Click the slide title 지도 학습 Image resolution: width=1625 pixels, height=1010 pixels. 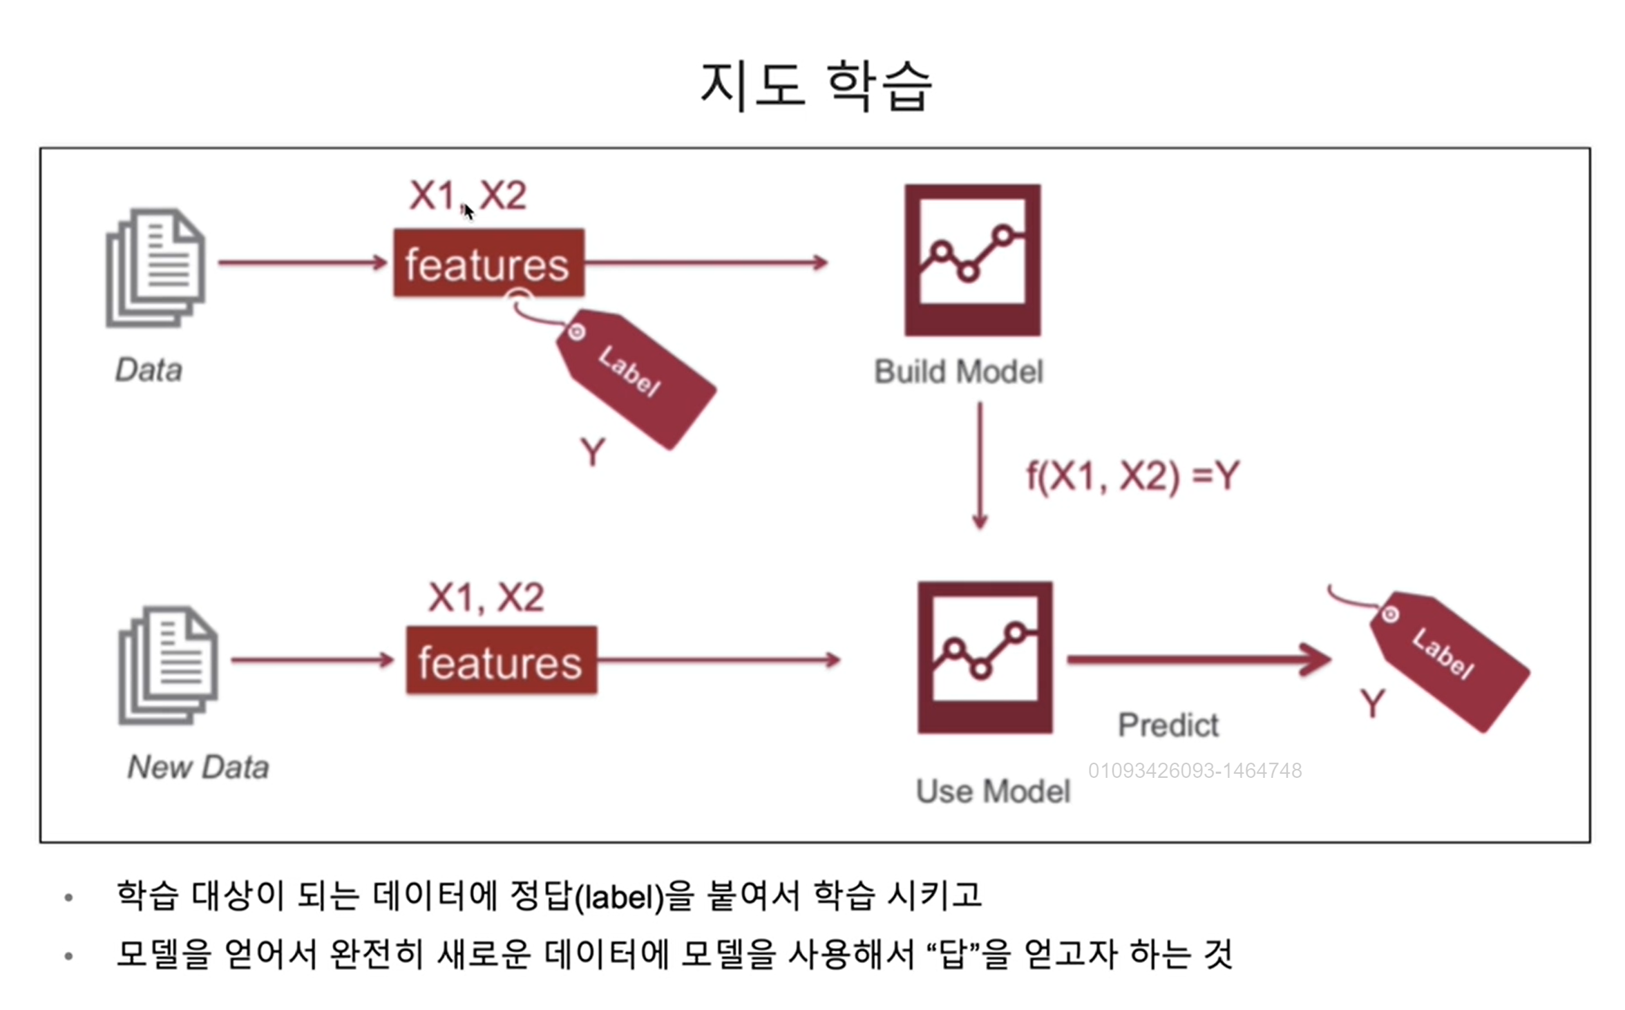pos(816,86)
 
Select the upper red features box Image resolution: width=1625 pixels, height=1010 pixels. pos(488,263)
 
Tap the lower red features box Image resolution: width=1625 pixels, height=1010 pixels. pos(501,660)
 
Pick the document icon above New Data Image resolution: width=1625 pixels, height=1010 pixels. pos(169,665)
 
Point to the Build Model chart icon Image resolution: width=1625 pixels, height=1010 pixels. pos(972,260)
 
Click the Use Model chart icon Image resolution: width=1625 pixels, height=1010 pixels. pos(985,657)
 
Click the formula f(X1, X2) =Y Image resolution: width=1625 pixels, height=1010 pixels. pos(1133,475)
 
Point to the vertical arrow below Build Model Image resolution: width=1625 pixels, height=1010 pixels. pos(980,466)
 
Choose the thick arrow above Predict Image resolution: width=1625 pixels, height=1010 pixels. pos(1199,660)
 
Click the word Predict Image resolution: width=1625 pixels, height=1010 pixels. pos(1168,725)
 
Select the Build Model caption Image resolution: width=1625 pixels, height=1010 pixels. pos(959,372)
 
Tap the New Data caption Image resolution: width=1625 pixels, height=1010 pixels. pos(198,768)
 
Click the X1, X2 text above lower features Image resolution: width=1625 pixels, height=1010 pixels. pos(486,598)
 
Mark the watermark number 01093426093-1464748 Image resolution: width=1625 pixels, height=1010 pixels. pos(1195,770)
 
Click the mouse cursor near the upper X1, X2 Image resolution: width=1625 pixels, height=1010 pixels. pos(468,211)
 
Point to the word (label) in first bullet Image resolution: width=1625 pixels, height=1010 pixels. pos(619,896)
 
